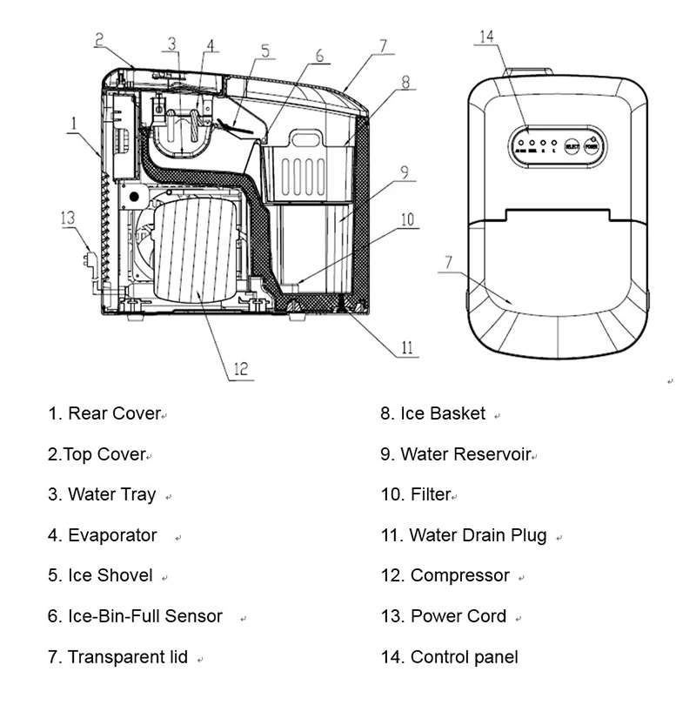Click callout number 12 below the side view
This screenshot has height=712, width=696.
point(241,368)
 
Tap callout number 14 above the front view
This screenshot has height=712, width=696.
point(487,37)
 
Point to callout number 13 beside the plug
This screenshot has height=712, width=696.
point(69,218)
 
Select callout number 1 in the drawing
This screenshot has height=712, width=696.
point(76,124)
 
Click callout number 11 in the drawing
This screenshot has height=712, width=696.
point(406,348)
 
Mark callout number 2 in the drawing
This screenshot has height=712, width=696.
point(100,38)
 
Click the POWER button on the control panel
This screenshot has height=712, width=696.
point(592,147)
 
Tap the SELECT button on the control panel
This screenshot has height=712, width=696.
point(572,147)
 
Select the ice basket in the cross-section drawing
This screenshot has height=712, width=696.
point(309,170)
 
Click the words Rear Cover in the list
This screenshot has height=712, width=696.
point(114,413)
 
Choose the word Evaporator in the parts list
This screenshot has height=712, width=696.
point(112,535)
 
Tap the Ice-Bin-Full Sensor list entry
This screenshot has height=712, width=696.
point(145,616)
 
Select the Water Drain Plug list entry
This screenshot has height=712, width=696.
point(478,535)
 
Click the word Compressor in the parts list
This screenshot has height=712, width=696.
point(459,575)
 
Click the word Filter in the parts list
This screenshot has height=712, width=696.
point(431,494)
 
